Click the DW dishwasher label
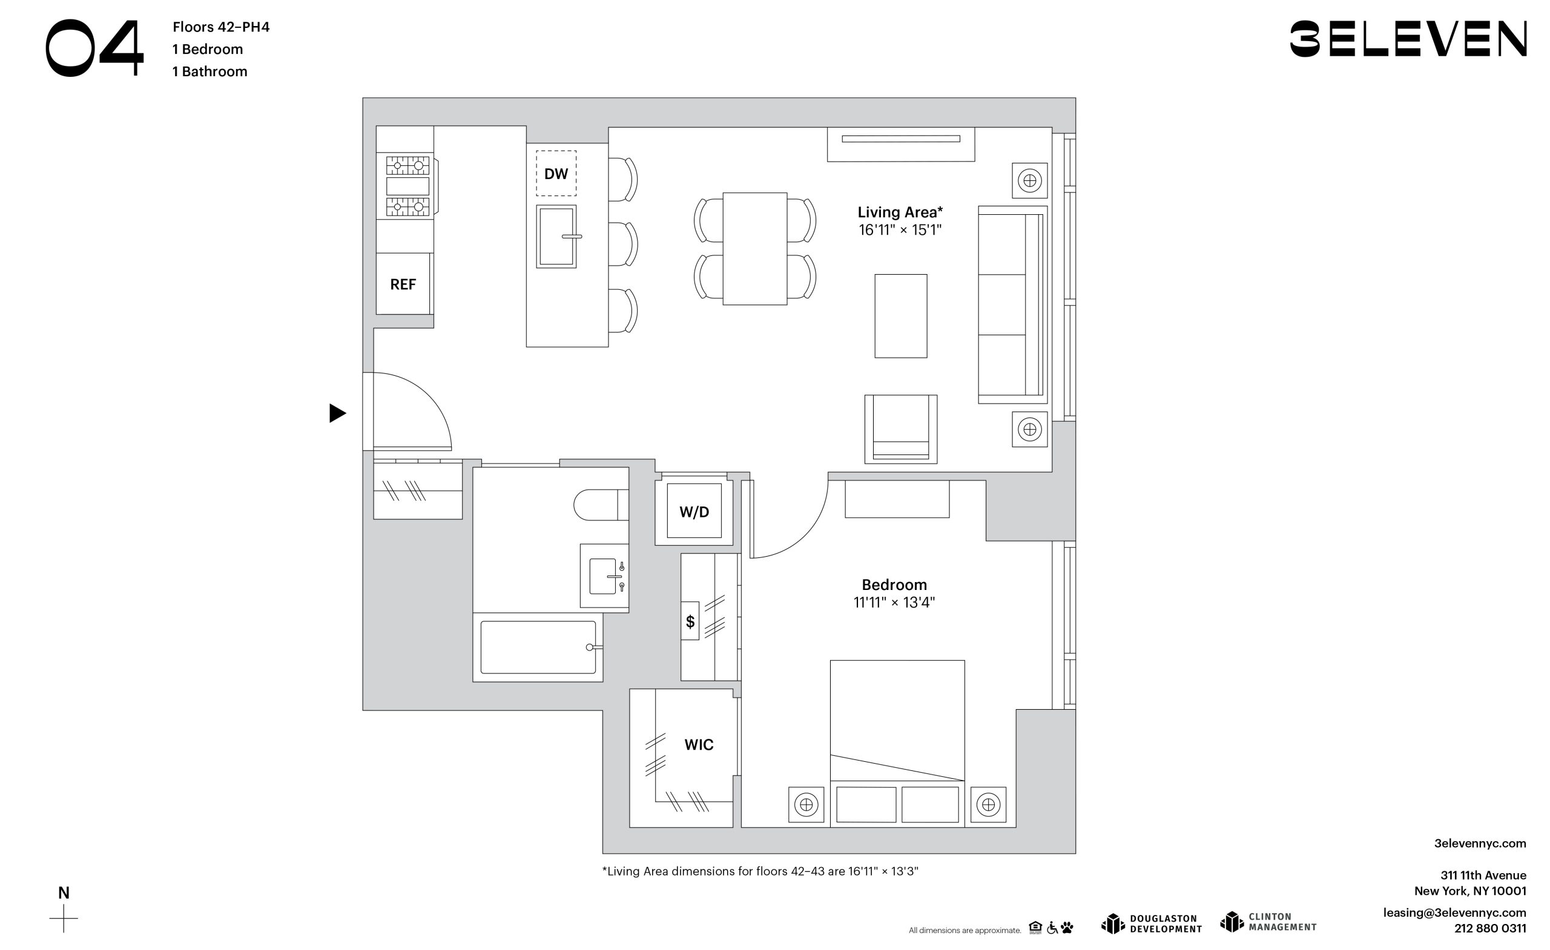[556, 174]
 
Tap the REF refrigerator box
[404, 284]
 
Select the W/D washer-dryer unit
[694, 511]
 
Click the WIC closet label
[699, 744]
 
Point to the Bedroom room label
[894, 585]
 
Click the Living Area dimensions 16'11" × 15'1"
[900, 230]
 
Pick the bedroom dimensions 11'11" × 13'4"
[894, 602]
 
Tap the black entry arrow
[337, 413]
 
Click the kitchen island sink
[556, 237]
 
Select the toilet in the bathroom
[601, 504]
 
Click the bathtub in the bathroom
[538, 647]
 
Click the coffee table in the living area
[901, 316]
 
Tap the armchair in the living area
[901, 429]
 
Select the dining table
[755, 249]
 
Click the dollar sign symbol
[690, 621]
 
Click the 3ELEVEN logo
[1408, 39]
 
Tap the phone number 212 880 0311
[1489, 928]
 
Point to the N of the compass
[64, 893]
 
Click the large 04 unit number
[95, 48]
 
